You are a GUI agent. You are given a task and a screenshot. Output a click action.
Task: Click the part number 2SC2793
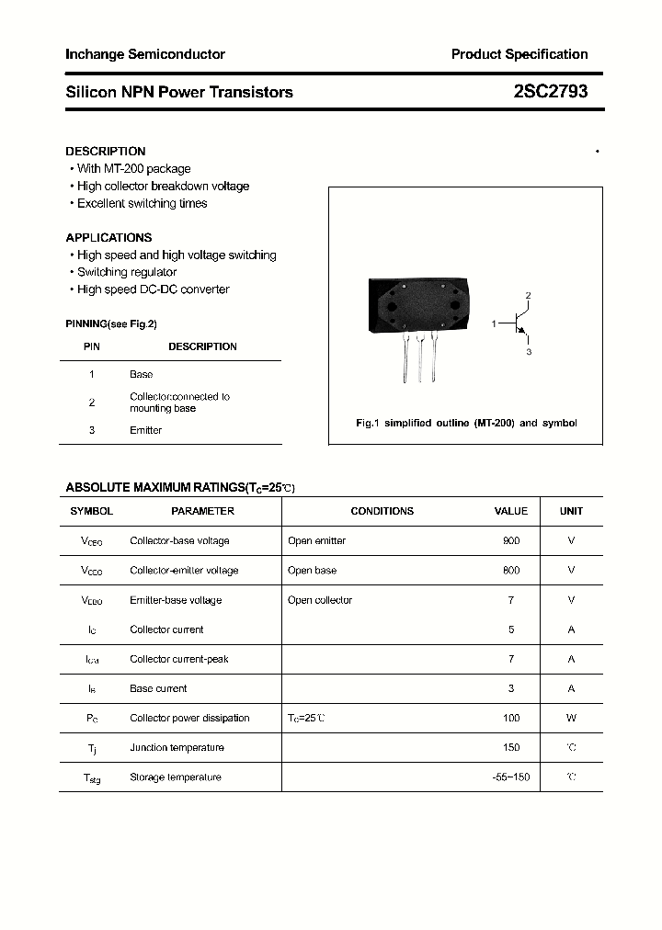(551, 92)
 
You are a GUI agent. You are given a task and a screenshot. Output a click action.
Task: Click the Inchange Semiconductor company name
(145, 54)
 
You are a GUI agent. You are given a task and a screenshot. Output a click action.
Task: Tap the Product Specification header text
(519, 54)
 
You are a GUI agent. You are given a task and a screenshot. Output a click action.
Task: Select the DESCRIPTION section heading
(106, 151)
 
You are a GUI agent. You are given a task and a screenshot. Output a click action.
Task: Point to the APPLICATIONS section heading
(108, 237)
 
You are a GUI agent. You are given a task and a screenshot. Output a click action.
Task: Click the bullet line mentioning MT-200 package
(133, 168)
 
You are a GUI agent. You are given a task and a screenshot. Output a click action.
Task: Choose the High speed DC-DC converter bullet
(153, 289)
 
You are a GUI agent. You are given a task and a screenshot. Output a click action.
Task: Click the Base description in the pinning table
(142, 374)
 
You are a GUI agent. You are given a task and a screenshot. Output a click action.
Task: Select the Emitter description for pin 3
(145, 430)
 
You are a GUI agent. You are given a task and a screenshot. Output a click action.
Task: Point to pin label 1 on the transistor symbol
(494, 324)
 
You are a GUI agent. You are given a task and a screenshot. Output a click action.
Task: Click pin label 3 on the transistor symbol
(529, 352)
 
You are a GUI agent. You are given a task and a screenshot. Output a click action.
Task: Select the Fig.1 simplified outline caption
(466, 423)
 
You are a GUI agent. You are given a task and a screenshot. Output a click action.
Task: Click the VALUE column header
(511, 511)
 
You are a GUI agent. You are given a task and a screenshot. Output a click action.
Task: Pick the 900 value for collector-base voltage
(511, 540)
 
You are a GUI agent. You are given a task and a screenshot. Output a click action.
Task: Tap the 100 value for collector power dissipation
(511, 718)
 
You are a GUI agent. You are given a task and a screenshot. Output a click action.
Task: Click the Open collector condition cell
(320, 600)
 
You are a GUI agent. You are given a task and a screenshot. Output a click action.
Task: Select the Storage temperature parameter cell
(176, 777)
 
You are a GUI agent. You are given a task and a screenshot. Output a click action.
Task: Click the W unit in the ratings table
(571, 718)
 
